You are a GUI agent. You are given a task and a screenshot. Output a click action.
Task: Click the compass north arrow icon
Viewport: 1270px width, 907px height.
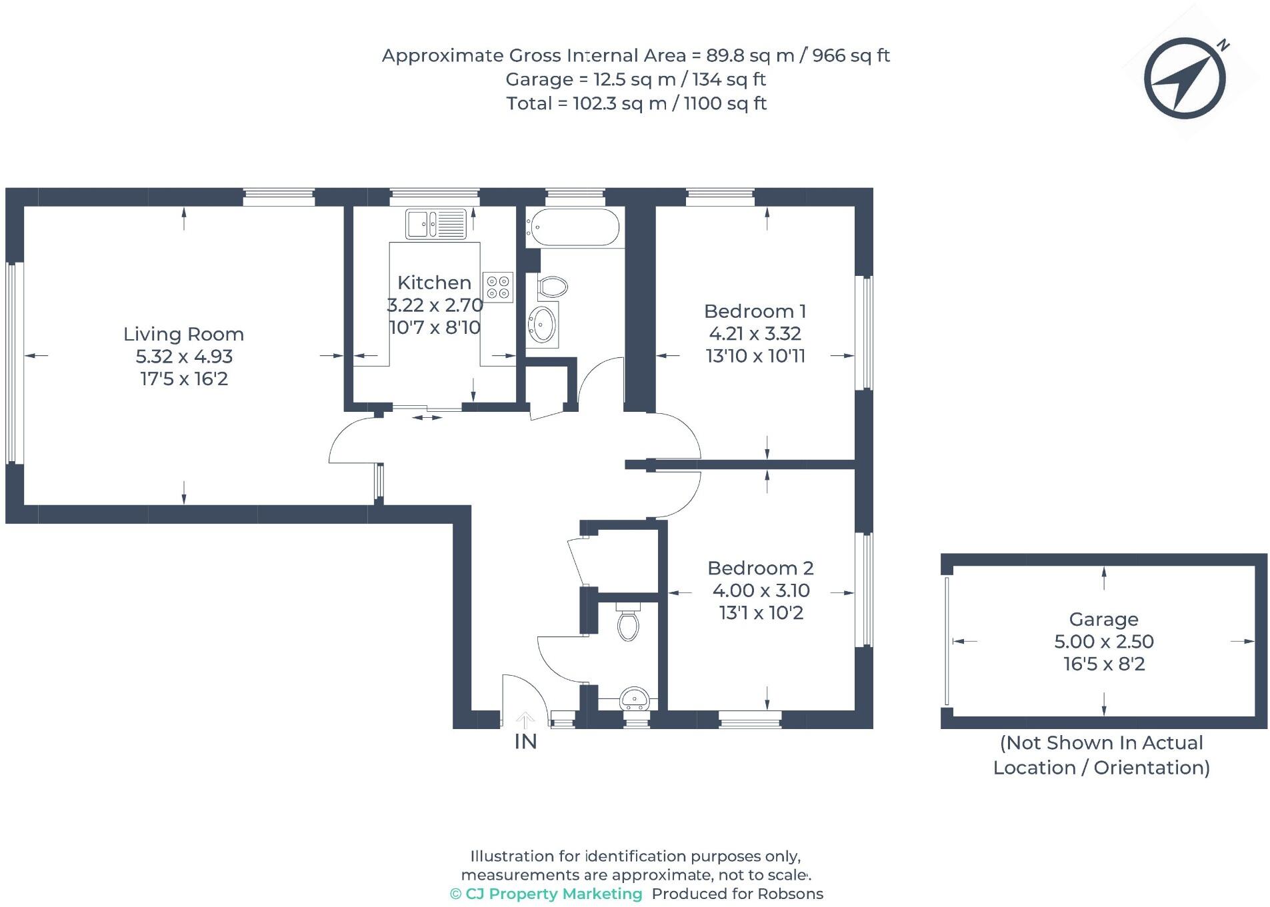pos(1185,78)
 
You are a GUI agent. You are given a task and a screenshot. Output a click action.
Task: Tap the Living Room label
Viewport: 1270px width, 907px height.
pos(183,334)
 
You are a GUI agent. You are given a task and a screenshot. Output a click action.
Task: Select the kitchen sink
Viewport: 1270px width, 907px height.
pos(436,223)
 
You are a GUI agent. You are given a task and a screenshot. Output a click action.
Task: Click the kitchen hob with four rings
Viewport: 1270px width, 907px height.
pos(498,287)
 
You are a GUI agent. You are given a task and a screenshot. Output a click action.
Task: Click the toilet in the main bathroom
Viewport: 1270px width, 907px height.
pos(552,287)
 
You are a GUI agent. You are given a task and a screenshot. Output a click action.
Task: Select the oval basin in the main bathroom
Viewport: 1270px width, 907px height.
pos(543,325)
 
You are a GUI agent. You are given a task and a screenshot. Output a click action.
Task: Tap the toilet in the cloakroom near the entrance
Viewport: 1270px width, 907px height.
pos(628,623)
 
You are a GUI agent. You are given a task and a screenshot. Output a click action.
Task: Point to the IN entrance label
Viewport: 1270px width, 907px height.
pos(525,741)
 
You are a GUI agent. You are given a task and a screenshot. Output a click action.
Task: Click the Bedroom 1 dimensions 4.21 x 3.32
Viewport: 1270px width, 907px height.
pos(755,333)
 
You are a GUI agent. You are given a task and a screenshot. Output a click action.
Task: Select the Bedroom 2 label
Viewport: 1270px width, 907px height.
pos(760,568)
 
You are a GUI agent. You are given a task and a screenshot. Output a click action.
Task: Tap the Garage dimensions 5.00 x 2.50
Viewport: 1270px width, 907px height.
pos(1103,641)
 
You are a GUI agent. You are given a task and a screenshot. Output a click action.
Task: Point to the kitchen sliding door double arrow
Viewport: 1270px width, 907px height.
pos(427,418)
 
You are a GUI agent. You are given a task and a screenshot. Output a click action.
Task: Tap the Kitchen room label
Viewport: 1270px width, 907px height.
pos(434,282)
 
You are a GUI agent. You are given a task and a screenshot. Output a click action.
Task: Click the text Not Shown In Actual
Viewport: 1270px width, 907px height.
pos(1101,742)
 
